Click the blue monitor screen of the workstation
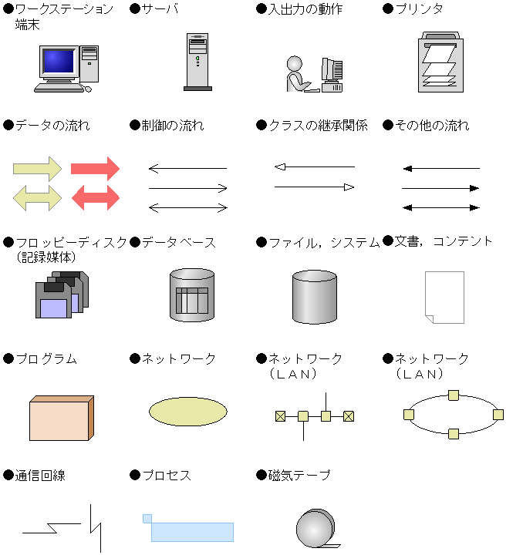click(x=59, y=61)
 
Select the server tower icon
click(x=197, y=62)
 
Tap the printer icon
click(x=441, y=62)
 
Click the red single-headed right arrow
click(x=95, y=169)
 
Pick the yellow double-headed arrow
click(x=37, y=198)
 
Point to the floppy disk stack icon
click(x=62, y=294)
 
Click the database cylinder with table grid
click(x=192, y=294)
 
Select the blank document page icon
click(x=444, y=298)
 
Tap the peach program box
click(x=62, y=418)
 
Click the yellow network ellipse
click(x=188, y=412)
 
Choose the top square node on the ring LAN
click(x=454, y=395)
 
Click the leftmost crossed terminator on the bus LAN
click(x=280, y=416)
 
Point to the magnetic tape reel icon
click(x=316, y=528)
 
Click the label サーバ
click(x=160, y=8)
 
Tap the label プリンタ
click(x=420, y=8)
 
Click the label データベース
click(x=179, y=243)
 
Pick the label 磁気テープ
click(x=299, y=476)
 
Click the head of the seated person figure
click(x=294, y=64)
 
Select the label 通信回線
click(x=40, y=476)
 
